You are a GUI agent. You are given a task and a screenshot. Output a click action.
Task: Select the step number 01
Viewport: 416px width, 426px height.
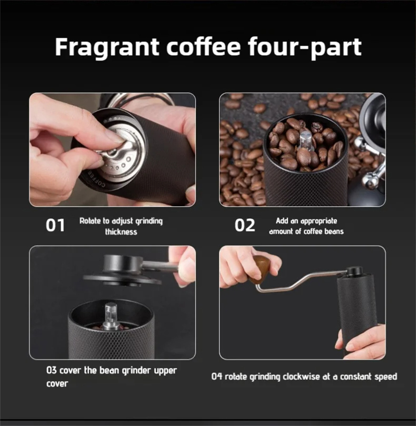55,225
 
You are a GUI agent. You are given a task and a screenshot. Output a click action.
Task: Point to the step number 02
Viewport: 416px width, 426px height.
245,225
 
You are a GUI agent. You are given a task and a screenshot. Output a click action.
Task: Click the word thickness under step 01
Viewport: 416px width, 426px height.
121,232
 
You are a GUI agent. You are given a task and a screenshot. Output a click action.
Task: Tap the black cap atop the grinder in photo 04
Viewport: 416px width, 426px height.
354,271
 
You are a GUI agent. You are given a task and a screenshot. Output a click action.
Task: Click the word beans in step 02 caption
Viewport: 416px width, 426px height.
335,231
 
